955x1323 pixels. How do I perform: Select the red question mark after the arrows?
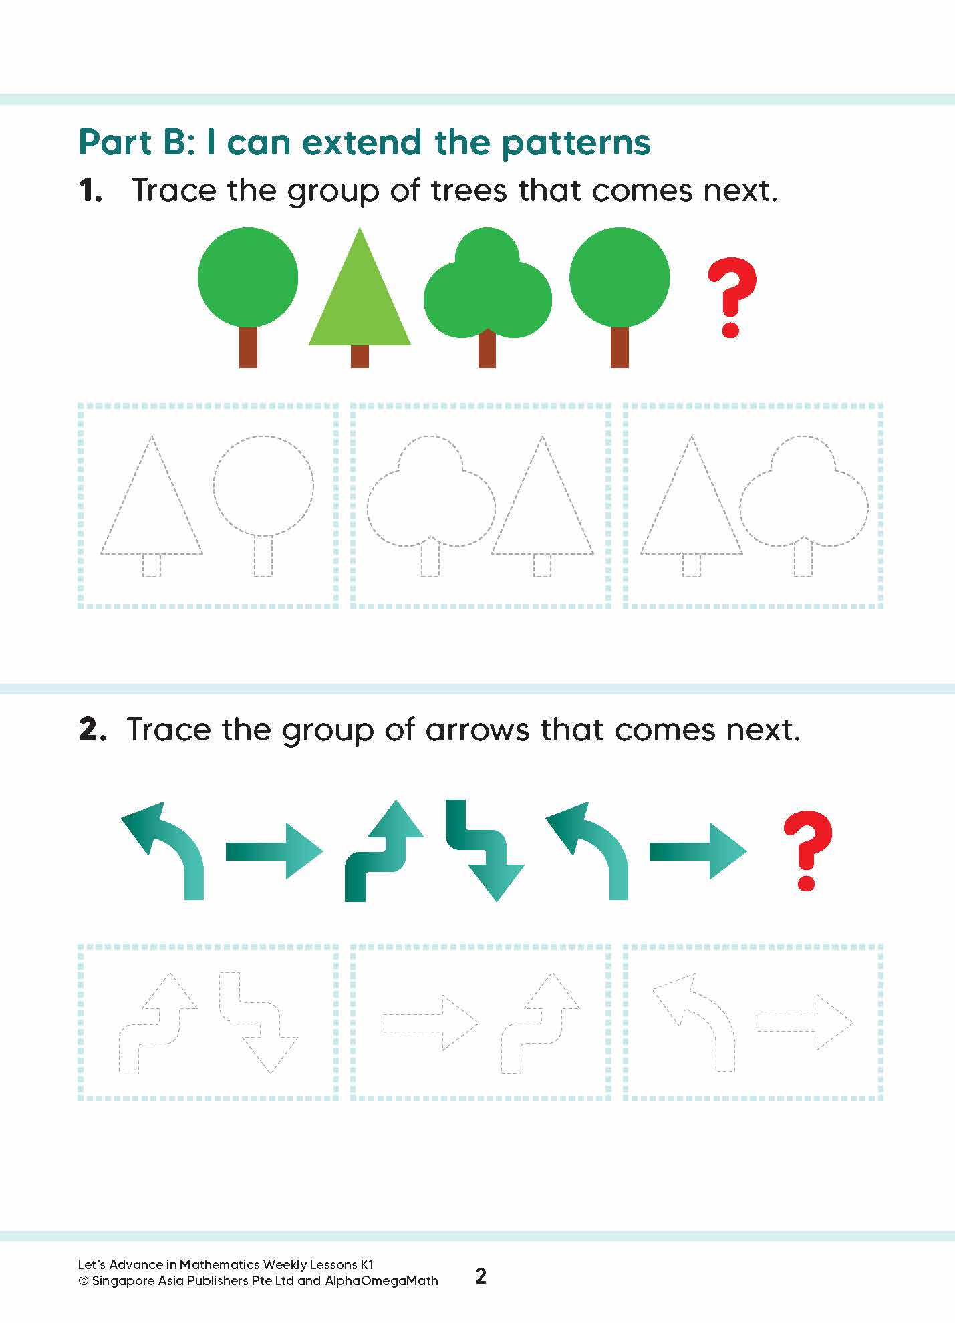point(807,850)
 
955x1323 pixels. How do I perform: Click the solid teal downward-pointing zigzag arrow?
point(486,850)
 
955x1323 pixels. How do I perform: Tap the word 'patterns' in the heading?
point(575,142)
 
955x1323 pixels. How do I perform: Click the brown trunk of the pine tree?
point(360,356)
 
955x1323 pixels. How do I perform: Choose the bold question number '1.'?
point(90,191)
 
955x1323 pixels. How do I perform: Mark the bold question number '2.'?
point(92,730)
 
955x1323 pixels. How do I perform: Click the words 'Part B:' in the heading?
point(137,142)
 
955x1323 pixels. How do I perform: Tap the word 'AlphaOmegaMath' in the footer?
point(382,1281)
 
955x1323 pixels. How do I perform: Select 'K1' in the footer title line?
point(367,1264)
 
